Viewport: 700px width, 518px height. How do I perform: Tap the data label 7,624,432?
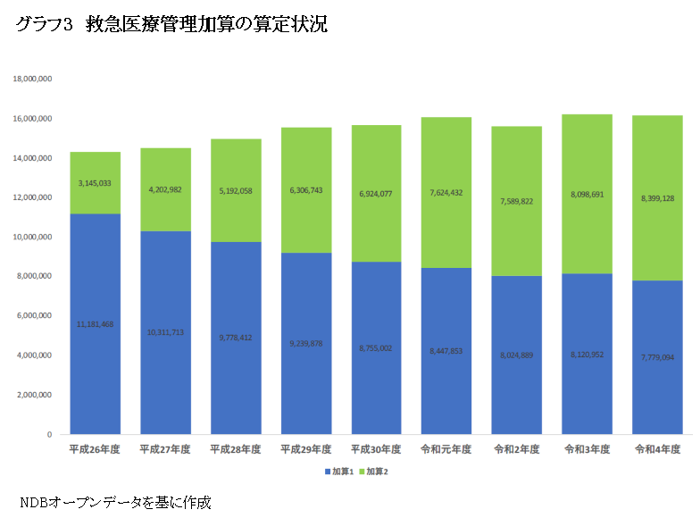point(446,193)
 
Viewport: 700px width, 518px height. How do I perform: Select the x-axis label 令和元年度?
point(446,450)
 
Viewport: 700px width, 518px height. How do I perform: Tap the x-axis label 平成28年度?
point(235,450)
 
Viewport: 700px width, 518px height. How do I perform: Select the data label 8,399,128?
point(657,198)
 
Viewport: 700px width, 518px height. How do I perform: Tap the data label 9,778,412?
point(235,338)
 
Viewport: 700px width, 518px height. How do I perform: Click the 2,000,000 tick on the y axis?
point(35,395)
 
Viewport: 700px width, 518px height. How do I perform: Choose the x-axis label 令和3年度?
point(587,450)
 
